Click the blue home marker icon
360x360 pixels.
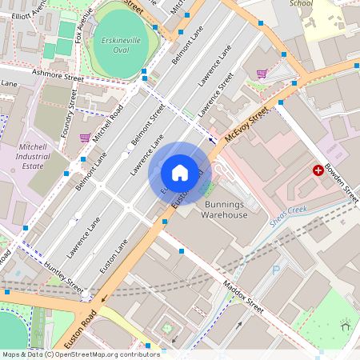pyautogui.click(x=180, y=173)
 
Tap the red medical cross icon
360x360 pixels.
pyautogui.click(x=318, y=170)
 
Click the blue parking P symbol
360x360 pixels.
pyautogui.click(x=276, y=270)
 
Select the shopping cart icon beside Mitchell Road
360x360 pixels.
pyautogui.click(x=85, y=138)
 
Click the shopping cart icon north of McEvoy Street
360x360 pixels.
pyautogui.click(x=262, y=74)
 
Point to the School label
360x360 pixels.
pyautogui.click(x=301, y=3)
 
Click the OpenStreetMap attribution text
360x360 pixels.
pyautogui.click(x=81, y=354)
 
